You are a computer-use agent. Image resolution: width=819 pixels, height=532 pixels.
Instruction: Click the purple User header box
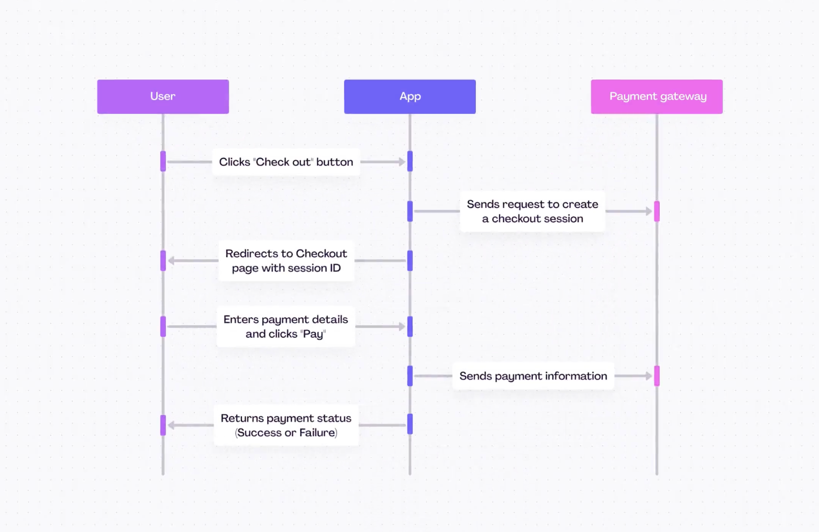pyautogui.click(x=163, y=96)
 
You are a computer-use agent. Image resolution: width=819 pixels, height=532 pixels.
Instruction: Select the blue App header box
pyautogui.click(x=409, y=96)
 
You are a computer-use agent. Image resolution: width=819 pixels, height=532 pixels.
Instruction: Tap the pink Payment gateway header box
pyautogui.click(x=657, y=96)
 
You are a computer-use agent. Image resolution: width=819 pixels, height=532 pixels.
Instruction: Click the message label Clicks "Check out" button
pyautogui.click(x=286, y=162)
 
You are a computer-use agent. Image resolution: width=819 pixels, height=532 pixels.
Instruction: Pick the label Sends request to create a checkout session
pyautogui.click(x=532, y=211)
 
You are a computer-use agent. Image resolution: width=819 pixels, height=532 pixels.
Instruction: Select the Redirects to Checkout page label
pyautogui.click(x=286, y=260)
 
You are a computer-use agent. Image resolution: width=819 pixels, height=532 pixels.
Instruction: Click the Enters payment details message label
pyautogui.click(x=286, y=326)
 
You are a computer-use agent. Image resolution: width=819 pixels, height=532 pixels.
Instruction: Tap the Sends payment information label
pyautogui.click(x=533, y=376)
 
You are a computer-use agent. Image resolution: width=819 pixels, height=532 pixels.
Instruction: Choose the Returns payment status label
pyautogui.click(x=286, y=425)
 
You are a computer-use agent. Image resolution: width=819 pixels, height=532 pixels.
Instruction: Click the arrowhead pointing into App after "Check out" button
pyautogui.click(x=402, y=162)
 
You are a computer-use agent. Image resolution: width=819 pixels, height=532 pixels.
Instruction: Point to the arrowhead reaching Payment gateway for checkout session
pyautogui.click(x=649, y=211)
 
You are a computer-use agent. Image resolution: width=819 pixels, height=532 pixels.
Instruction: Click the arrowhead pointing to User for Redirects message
pyautogui.click(x=172, y=260)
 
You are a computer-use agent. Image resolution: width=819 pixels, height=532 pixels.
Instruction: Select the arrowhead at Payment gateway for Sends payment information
pyautogui.click(x=649, y=376)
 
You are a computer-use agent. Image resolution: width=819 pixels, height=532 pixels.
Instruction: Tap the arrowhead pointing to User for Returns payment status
pyautogui.click(x=172, y=425)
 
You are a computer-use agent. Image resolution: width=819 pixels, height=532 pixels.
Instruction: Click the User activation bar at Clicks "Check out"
pyautogui.click(x=163, y=161)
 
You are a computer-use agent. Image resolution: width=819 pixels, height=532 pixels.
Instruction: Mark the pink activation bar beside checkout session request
pyautogui.click(x=657, y=211)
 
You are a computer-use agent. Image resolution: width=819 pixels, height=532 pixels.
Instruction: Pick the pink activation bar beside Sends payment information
pyautogui.click(x=657, y=376)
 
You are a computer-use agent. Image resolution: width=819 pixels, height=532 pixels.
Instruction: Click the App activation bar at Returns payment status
pyautogui.click(x=410, y=424)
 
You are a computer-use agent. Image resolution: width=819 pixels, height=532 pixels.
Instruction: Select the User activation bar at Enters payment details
pyautogui.click(x=163, y=326)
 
